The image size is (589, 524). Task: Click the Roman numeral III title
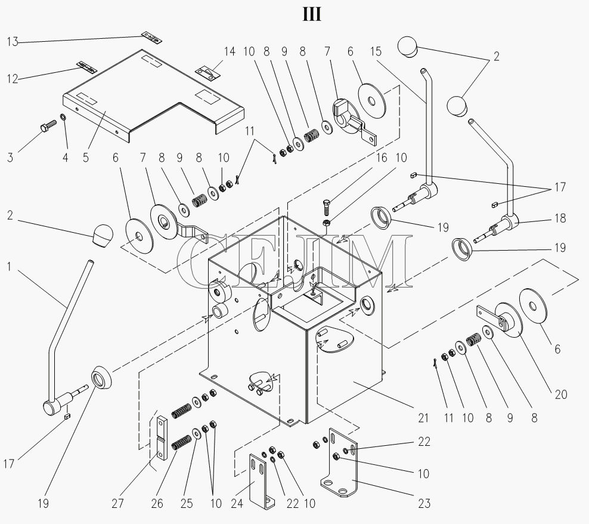click(x=312, y=15)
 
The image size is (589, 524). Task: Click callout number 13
click(x=13, y=41)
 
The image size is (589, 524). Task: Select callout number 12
click(x=13, y=79)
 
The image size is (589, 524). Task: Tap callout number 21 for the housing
click(x=423, y=418)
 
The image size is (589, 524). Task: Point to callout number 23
click(x=424, y=503)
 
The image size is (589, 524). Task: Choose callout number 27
click(x=117, y=503)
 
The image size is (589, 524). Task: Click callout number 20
click(x=561, y=394)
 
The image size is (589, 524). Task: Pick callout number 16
click(x=382, y=158)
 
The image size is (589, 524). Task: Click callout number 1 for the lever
click(x=9, y=267)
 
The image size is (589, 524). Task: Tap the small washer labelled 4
click(x=63, y=118)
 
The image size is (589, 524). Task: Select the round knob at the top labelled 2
click(x=408, y=47)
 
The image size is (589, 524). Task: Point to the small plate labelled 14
click(x=207, y=72)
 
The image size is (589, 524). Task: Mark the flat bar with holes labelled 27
click(x=161, y=437)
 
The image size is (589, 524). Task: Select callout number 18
click(x=560, y=218)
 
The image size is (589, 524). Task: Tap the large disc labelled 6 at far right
click(x=532, y=306)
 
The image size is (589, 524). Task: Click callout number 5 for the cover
click(x=86, y=158)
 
